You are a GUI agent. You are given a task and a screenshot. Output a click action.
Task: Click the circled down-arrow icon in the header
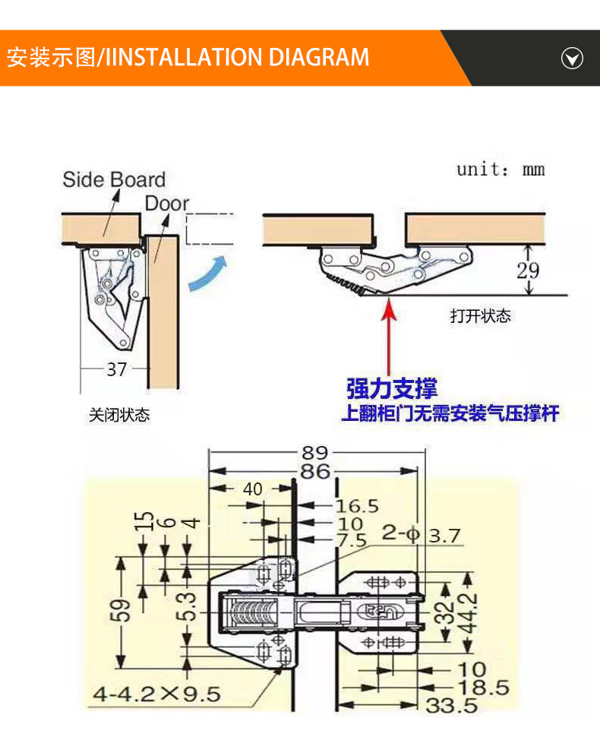click(x=571, y=58)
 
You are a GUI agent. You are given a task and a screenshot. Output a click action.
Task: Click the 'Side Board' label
click(x=113, y=180)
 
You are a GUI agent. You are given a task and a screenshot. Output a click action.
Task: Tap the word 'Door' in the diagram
click(x=167, y=204)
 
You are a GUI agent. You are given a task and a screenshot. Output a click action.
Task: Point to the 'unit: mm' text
click(x=500, y=169)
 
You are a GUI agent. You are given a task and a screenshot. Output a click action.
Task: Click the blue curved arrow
click(x=208, y=274)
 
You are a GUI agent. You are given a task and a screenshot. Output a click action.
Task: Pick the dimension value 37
click(x=116, y=370)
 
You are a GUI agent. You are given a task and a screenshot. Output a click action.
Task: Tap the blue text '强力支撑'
click(x=392, y=390)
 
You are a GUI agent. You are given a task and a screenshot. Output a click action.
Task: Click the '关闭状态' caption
click(x=119, y=416)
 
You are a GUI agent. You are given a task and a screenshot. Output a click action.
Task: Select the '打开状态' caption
click(x=481, y=316)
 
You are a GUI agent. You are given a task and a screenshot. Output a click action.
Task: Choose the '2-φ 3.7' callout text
click(x=421, y=536)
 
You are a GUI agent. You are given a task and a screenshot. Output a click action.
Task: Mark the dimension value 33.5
click(x=451, y=706)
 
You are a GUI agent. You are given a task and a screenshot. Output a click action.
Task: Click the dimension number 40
click(x=253, y=489)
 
